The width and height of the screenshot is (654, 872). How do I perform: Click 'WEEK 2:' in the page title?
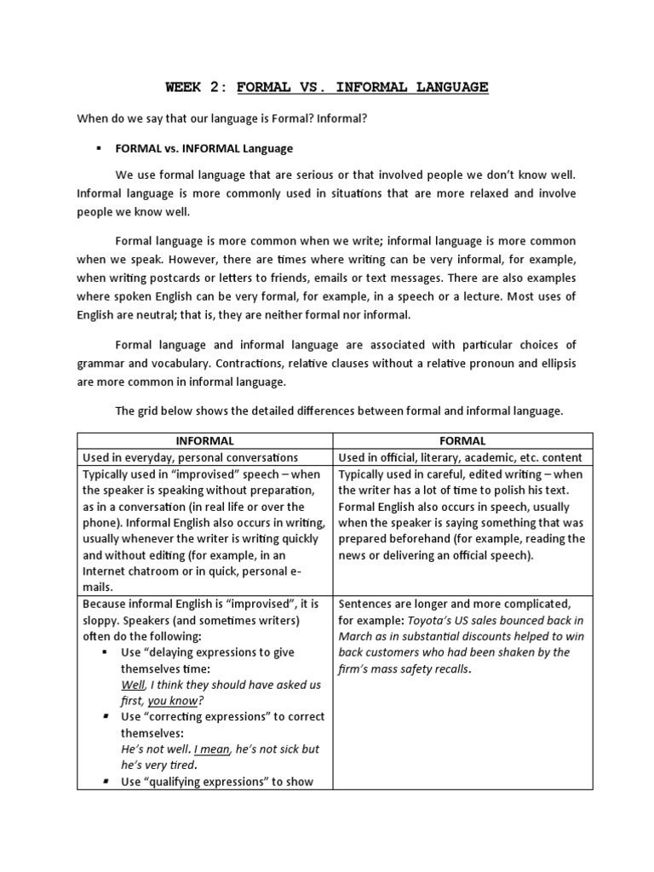195,87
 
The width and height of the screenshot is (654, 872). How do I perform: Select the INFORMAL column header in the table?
204,441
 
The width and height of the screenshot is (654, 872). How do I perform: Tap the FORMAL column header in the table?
462,441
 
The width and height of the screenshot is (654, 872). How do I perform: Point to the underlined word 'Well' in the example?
133,685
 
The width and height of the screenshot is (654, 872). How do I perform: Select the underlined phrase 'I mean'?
209,749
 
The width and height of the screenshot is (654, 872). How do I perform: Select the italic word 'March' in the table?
356,636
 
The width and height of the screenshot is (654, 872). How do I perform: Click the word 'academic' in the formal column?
494,457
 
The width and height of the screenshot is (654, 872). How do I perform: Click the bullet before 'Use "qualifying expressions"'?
105,781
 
